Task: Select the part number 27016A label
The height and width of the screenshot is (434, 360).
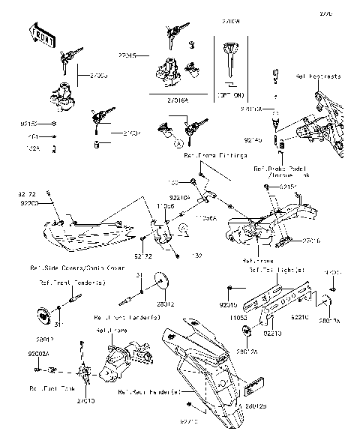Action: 177,97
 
